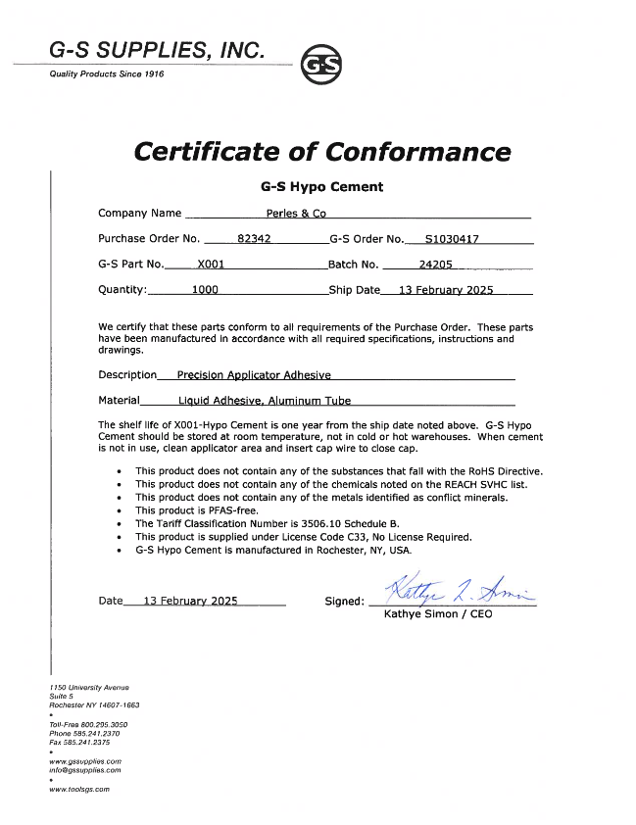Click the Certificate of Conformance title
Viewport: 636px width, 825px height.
(x=321, y=152)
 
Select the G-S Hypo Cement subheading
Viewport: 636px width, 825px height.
(x=321, y=186)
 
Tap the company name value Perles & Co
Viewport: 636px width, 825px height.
(x=297, y=213)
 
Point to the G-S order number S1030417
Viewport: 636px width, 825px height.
(x=452, y=238)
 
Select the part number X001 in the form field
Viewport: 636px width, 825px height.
(x=212, y=264)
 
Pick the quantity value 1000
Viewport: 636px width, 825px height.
(x=205, y=290)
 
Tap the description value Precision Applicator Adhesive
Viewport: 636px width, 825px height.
(x=254, y=374)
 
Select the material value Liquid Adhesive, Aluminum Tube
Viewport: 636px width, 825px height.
(x=265, y=400)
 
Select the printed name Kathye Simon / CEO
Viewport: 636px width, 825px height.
(x=431, y=614)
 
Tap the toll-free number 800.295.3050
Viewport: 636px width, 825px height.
(x=101, y=724)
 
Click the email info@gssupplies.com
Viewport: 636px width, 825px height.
(x=85, y=770)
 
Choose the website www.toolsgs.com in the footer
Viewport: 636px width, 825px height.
(x=79, y=789)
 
